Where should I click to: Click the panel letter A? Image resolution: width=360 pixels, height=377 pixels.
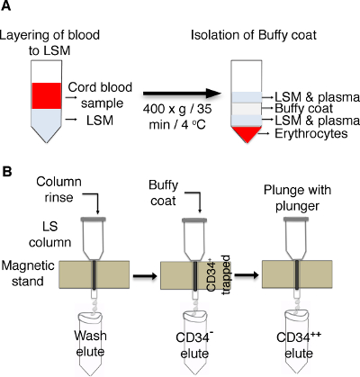5,5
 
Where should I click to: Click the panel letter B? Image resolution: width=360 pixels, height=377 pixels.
6,172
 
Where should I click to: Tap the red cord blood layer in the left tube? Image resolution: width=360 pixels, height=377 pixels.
47,95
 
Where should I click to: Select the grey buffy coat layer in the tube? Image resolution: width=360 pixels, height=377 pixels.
247,109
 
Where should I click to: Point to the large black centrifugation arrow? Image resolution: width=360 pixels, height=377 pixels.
182,94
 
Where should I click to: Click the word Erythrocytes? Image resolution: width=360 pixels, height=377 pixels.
311,133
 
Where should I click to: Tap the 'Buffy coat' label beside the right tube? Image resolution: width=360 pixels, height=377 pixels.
303,108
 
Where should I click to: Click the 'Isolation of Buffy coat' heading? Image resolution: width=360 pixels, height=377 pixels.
254,35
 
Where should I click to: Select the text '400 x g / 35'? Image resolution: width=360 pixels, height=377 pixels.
177,109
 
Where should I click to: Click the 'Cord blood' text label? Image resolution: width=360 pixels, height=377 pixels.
100,87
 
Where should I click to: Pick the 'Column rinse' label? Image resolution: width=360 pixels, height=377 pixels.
58,190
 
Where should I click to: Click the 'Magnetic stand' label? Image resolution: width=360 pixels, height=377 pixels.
28,274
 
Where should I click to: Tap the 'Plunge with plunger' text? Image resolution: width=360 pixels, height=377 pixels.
297,198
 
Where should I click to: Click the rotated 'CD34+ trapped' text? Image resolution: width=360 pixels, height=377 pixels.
219,274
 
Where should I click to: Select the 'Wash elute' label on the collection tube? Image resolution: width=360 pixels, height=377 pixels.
90,344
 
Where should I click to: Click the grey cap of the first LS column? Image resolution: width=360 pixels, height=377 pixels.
94,220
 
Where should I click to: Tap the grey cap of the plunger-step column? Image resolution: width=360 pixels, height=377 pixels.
296,220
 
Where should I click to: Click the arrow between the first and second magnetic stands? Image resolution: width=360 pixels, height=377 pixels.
145,276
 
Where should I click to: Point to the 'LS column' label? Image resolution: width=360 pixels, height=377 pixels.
49,234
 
